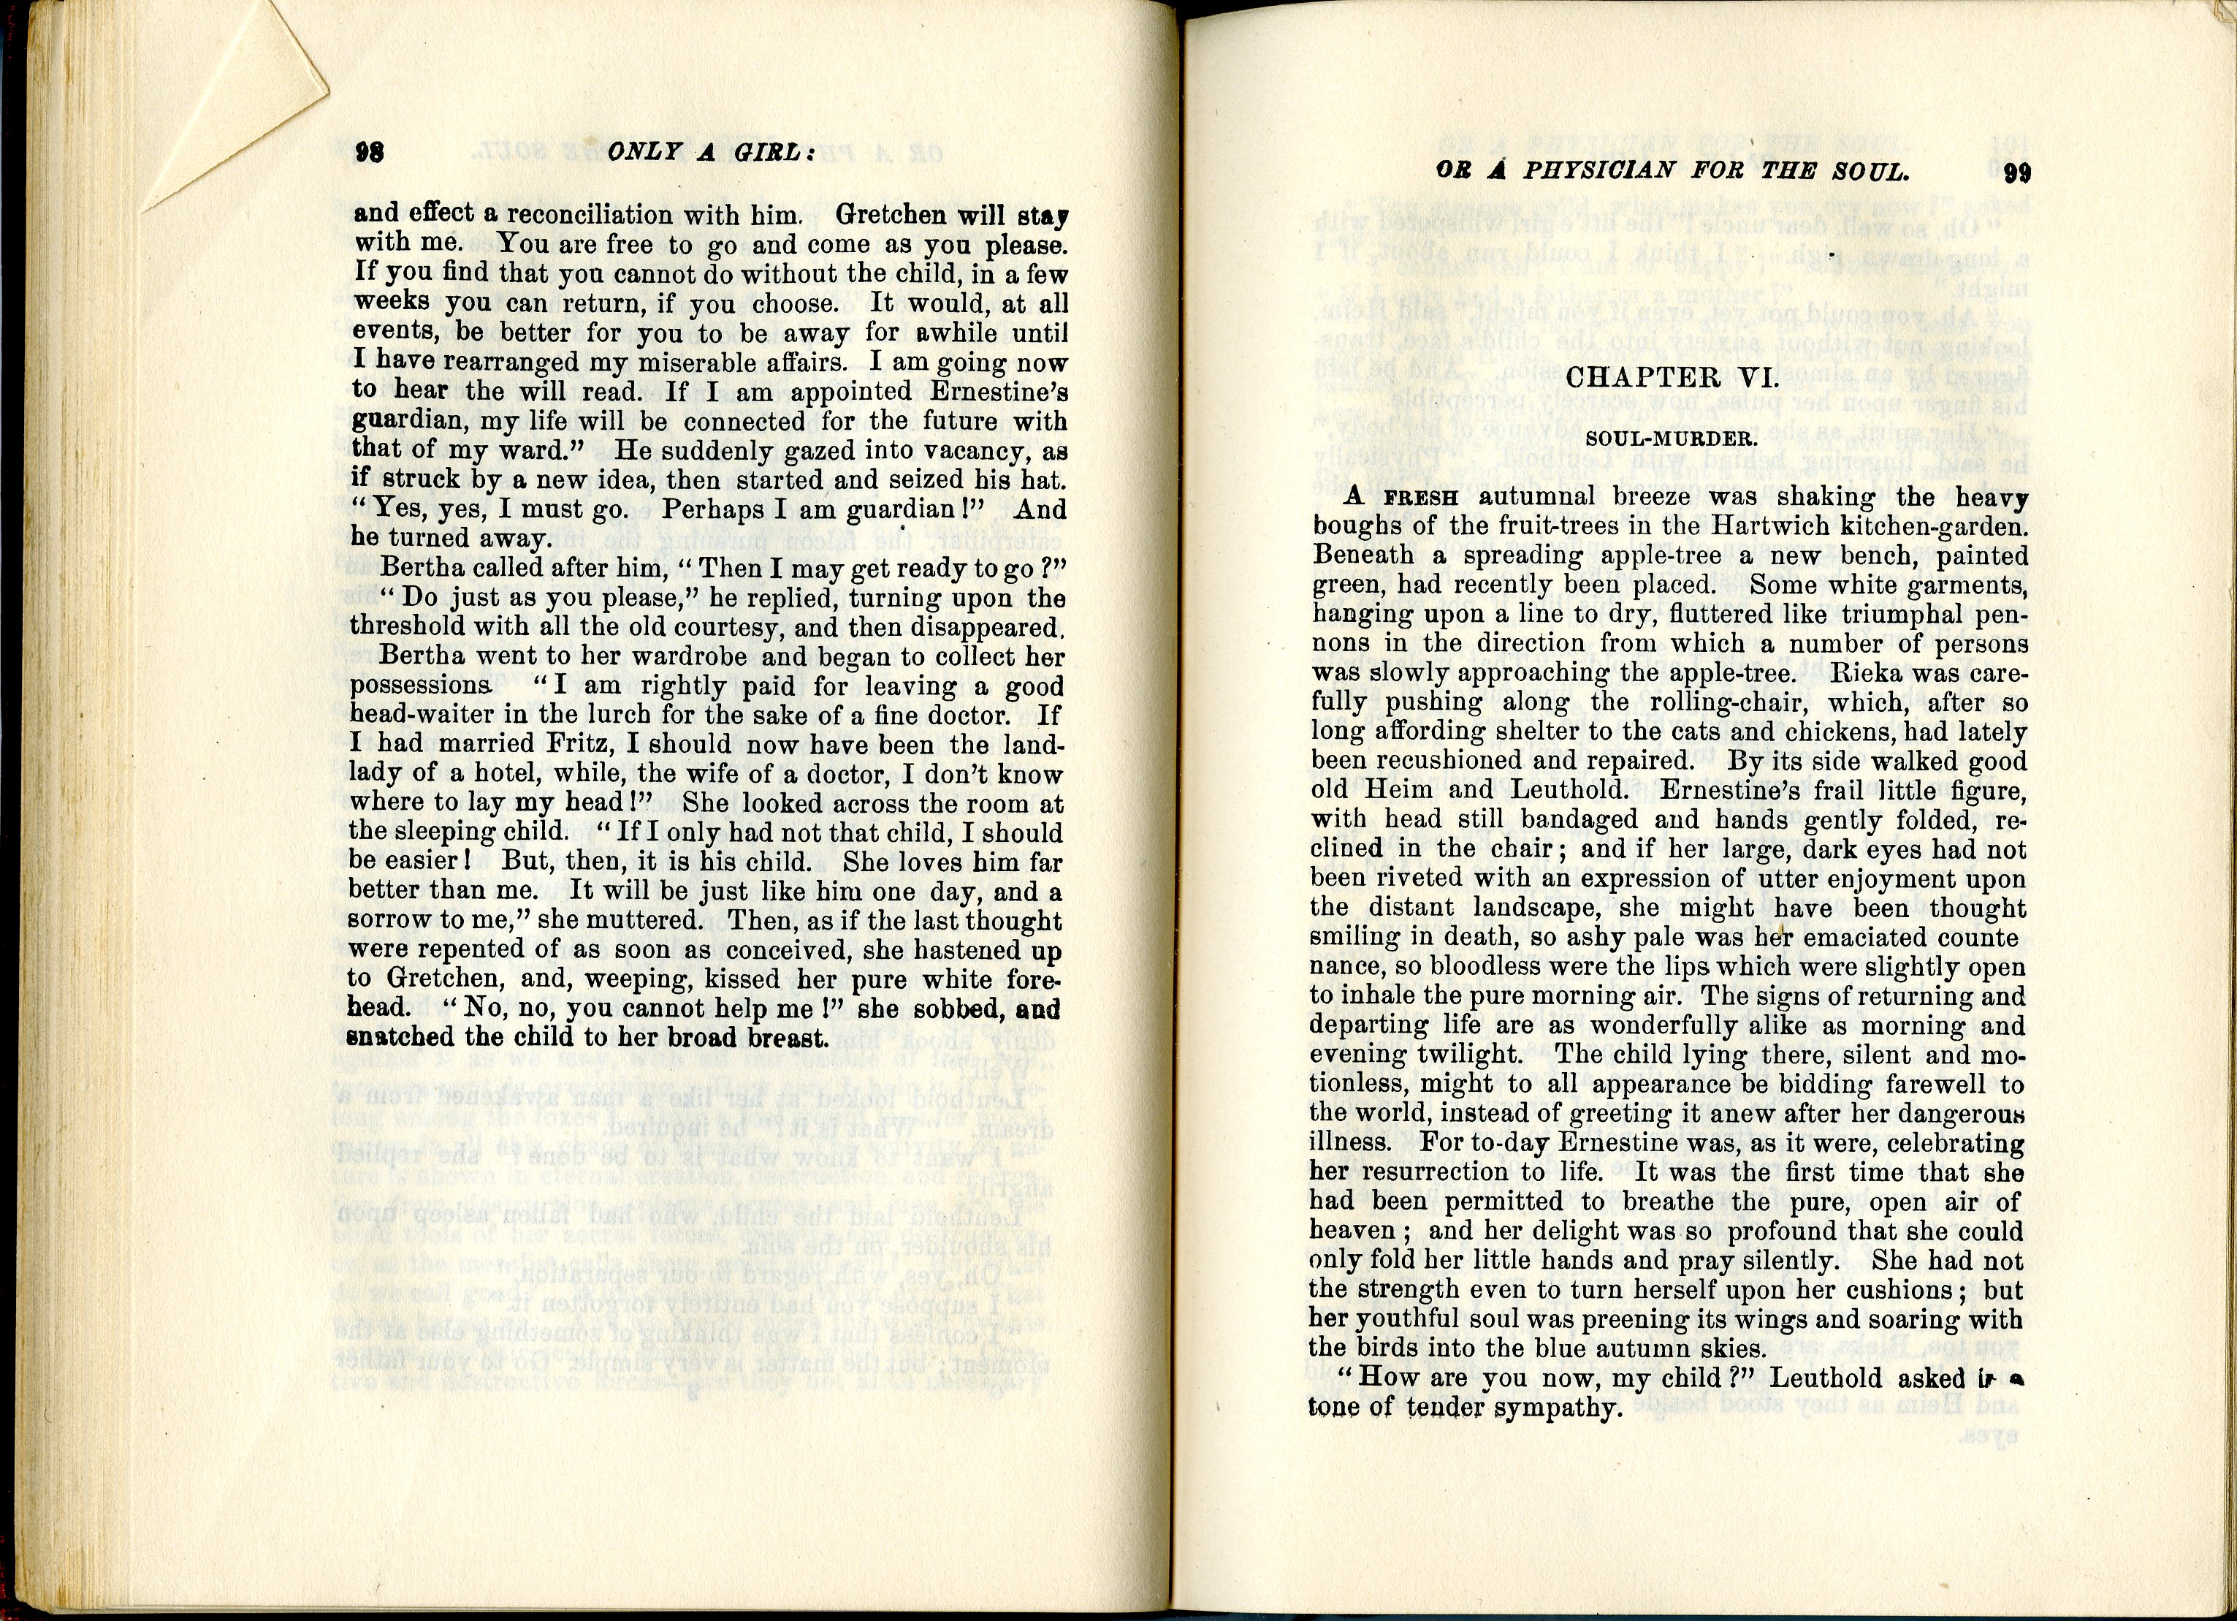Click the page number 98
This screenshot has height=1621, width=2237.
[369, 152]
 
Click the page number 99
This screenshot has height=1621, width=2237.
[2017, 172]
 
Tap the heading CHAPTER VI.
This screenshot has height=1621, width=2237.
[1671, 377]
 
